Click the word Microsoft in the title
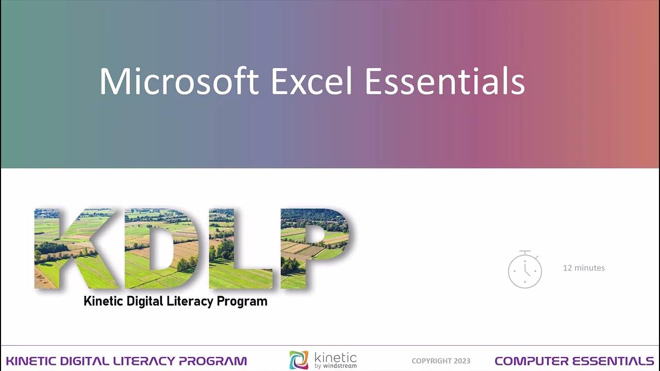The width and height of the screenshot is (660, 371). pos(178,81)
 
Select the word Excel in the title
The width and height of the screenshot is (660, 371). pos(311,81)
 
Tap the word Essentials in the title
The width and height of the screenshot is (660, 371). pos(444,81)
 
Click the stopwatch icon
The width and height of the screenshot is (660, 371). pos(525,269)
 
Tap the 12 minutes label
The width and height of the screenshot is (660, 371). pos(584,268)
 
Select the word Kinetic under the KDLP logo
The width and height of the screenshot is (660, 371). pos(103,301)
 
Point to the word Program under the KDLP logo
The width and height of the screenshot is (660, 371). pos(242,301)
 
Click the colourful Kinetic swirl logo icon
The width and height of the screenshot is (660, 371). pos(299,360)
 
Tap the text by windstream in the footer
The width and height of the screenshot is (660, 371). pos(335,366)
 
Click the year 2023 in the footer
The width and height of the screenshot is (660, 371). pos(461,361)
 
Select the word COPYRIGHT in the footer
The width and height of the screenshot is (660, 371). pos(431,361)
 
